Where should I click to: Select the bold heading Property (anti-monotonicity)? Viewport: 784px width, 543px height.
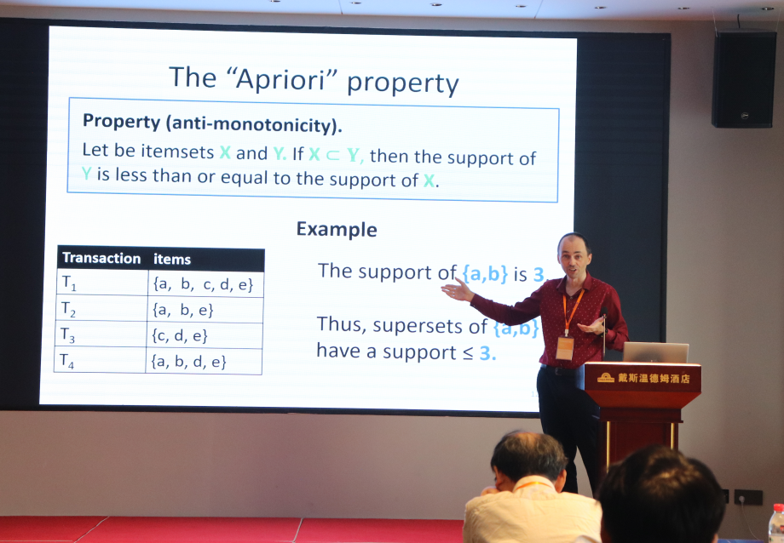212,123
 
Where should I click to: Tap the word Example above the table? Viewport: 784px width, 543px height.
337,229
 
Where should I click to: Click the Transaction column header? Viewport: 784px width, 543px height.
101,258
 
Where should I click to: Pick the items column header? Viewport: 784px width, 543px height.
172,259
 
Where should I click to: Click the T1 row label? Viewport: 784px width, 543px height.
69,283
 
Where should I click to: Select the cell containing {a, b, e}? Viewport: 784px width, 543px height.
183,310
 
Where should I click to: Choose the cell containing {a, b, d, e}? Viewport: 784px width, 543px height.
189,361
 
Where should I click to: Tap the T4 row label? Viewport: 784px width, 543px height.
66,361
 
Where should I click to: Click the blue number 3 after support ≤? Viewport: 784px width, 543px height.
486,353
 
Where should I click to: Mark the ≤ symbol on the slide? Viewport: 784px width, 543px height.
468,353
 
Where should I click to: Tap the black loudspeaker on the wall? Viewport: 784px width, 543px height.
744,79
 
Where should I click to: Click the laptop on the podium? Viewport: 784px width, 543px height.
655,352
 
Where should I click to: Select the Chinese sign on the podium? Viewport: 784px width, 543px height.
644,378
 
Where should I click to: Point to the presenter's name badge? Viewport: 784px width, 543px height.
564,348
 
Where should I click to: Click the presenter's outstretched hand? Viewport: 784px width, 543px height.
456,290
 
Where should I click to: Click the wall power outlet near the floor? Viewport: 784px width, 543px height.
747,497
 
